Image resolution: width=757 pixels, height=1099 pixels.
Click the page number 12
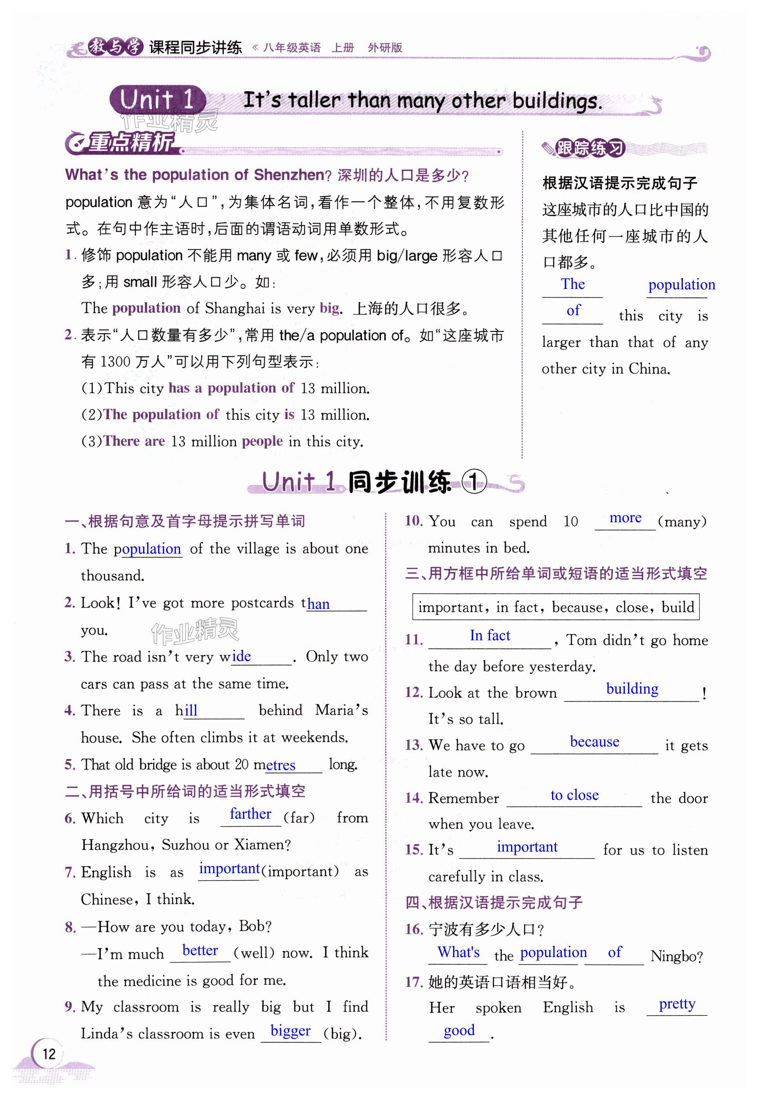click(49, 1054)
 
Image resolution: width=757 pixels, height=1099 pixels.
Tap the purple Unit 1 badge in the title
click(157, 100)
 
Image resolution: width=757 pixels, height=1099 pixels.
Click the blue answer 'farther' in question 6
click(250, 814)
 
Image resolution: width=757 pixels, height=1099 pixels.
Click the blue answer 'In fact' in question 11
click(490, 635)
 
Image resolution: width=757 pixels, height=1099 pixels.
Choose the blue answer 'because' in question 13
click(594, 741)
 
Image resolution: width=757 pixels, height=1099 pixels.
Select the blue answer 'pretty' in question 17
click(677, 1003)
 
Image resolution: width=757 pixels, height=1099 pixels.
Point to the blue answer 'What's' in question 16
click(458, 952)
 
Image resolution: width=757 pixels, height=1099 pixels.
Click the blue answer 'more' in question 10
click(625, 518)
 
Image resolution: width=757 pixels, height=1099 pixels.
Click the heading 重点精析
click(131, 142)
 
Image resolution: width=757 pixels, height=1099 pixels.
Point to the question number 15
click(414, 850)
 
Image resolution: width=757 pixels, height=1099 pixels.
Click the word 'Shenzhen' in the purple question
click(289, 175)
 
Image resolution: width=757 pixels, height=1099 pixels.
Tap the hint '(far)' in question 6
click(299, 818)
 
